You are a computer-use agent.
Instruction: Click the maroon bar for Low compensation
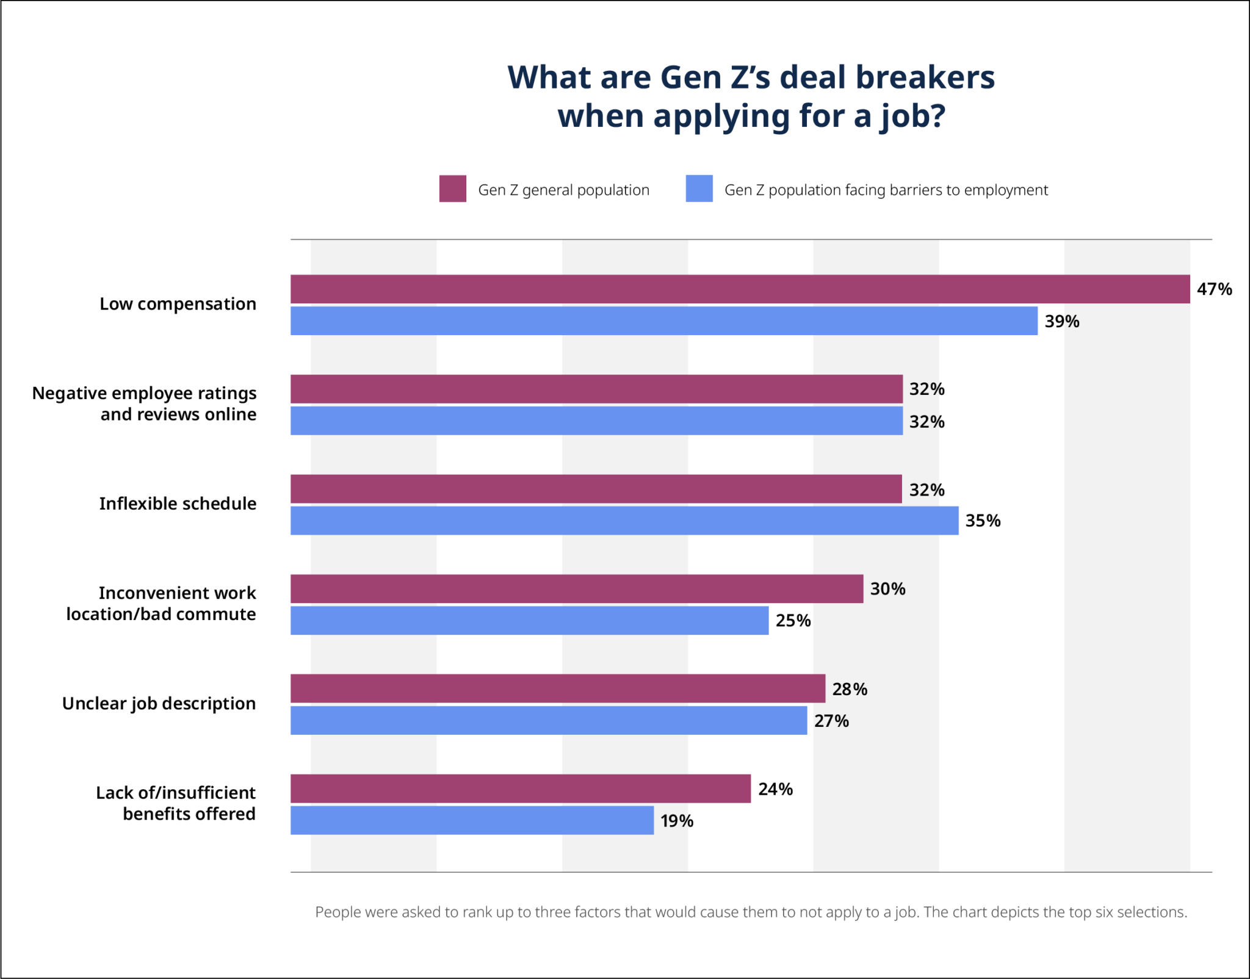[740, 289]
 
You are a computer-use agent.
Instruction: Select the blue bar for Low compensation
[663, 320]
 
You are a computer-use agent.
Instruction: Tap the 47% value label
[1214, 289]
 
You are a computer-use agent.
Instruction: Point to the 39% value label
[1061, 321]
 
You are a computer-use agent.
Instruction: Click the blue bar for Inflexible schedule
[624, 521]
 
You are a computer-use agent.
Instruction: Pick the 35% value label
[983, 521]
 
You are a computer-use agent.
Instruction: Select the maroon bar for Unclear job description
[557, 688]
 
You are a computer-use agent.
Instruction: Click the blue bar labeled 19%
[472, 820]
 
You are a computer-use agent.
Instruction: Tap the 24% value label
[775, 789]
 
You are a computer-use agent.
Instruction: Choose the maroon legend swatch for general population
[452, 189]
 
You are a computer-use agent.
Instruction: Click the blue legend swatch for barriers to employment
[699, 189]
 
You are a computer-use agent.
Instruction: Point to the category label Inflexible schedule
[178, 504]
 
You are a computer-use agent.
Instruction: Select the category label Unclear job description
[159, 703]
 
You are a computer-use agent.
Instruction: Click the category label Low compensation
[178, 304]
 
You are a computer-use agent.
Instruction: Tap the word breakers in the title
[925, 78]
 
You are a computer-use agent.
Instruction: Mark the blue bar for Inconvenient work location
[529, 620]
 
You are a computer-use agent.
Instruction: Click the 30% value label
[887, 589]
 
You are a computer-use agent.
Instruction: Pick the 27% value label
[831, 721]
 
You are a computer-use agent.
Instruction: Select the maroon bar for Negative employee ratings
[596, 389]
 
